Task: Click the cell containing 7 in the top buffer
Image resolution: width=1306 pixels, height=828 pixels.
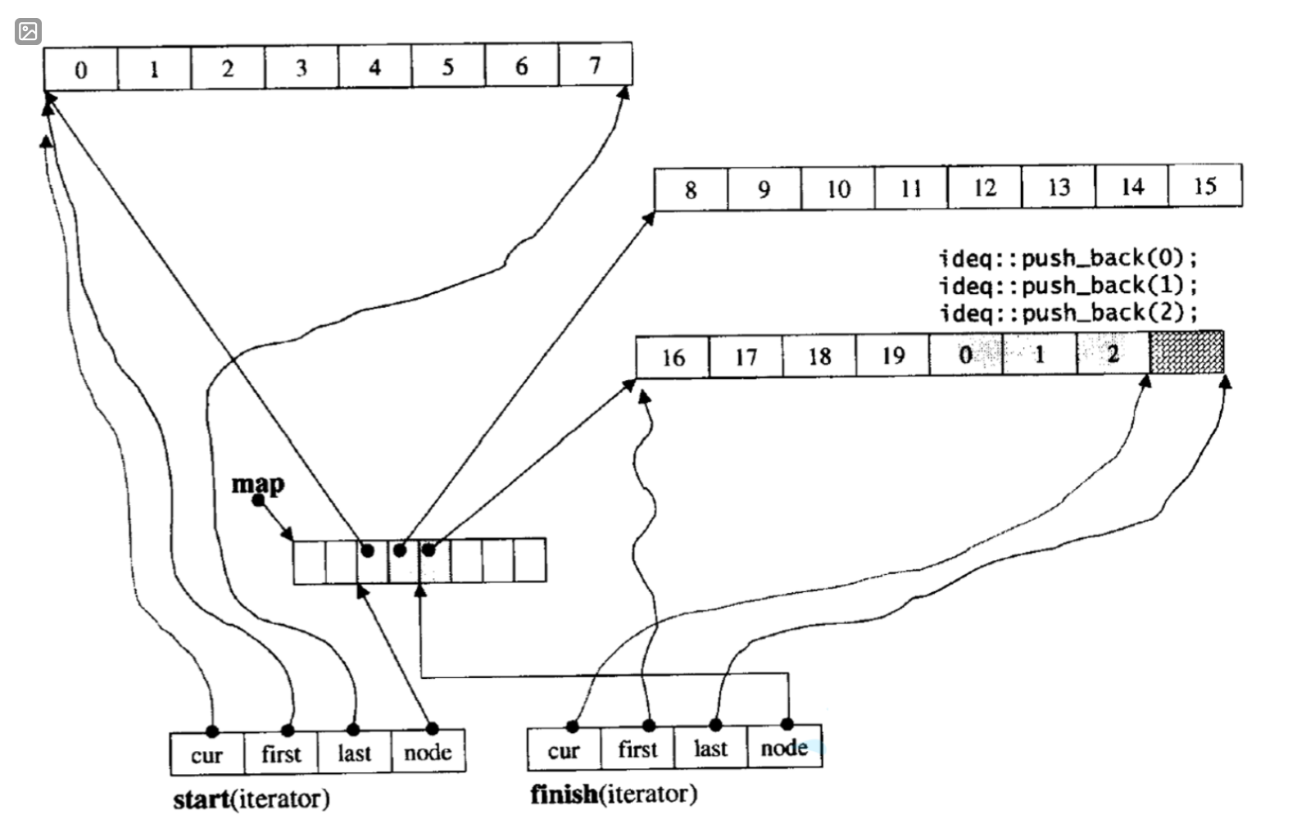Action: tap(595, 66)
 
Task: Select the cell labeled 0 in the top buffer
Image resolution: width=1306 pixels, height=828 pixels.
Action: tap(80, 69)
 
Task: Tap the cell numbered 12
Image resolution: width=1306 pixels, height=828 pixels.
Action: tap(984, 188)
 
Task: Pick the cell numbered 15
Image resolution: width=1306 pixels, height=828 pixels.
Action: tap(1204, 187)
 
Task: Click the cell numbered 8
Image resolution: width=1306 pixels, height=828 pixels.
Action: tap(691, 190)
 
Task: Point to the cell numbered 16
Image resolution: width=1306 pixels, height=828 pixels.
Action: tap(673, 358)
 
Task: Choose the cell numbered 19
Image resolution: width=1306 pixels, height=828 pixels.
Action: tap(892, 356)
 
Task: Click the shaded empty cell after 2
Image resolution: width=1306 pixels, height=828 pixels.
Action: tap(1186, 353)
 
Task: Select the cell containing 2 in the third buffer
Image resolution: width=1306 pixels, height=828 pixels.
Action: tap(1113, 355)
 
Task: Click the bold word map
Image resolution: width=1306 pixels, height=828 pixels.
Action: tap(258, 484)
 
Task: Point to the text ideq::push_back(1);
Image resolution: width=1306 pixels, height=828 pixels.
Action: tap(1068, 286)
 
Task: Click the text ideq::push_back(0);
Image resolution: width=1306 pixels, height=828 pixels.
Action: tap(1068, 259)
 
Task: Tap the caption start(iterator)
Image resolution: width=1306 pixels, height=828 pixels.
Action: tap(252, 799)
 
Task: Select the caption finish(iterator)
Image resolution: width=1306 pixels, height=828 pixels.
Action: tap(614, 794)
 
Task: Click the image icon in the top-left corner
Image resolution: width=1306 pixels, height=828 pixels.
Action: tap(28, 31)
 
